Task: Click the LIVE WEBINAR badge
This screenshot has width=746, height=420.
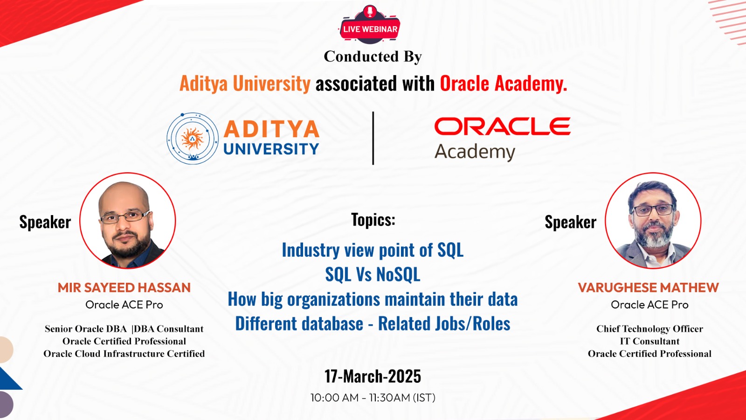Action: click(370, 25)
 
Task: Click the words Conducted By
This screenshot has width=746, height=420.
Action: click(373, 56)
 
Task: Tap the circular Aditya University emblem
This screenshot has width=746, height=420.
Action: click(193, 138)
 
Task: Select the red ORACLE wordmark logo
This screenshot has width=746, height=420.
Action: click(502, 126)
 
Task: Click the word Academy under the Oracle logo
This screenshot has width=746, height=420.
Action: click(475, 152)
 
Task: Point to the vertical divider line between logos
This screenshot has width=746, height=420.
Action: click(373, 138)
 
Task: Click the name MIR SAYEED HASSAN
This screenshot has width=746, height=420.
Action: click(124, 287)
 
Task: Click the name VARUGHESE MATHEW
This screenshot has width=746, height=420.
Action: click(649, 287)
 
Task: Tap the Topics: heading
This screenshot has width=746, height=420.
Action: click(373, 220)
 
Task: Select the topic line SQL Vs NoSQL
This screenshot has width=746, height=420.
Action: click(373, 274)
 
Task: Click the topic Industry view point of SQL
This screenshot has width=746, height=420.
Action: click(373, 250)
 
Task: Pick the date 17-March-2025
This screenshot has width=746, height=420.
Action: click(373, 376)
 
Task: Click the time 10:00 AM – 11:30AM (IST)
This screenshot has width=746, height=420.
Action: click(373, 398)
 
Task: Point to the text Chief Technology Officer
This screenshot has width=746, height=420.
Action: click(650, 329)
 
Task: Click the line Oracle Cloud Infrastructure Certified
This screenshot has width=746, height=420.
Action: click(124, 354)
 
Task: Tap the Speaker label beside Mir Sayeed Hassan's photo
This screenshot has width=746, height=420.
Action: click(45, 222)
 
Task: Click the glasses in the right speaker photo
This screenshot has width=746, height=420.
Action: click(653, 210)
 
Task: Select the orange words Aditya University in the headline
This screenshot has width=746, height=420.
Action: click(245, 84)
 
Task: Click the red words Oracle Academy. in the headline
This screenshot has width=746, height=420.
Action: click(504, 84)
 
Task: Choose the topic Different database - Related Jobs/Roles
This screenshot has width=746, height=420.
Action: click(373, 324)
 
